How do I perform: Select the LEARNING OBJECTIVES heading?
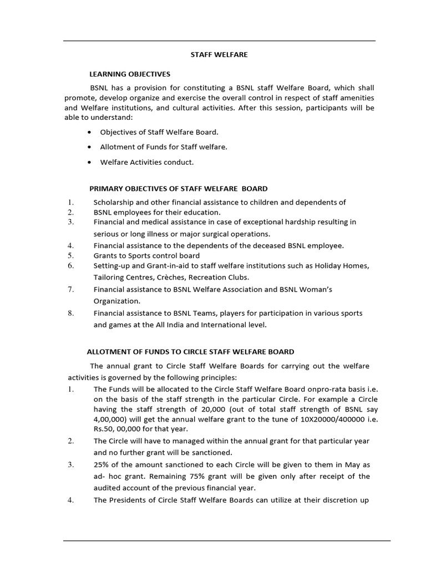point(130,74)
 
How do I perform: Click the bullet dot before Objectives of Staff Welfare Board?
point(89,133)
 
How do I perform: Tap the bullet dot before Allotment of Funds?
point(89,148)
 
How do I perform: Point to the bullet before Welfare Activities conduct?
point(89,163)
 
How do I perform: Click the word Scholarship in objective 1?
point(114,202)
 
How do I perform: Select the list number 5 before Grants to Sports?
point(71,256)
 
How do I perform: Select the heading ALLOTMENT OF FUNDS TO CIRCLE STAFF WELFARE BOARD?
point(190,352)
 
